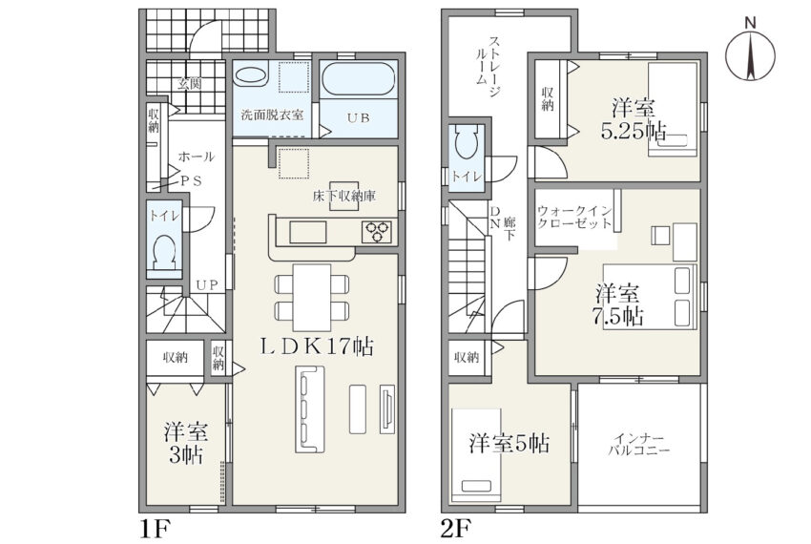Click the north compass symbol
(x=750, y=53)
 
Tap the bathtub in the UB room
(x=359, y=78)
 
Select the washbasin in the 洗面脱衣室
(x=250, y=76)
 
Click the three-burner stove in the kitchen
(x=377, y=231)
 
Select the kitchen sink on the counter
(x=308, y=231)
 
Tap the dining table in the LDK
(x=312, y=297)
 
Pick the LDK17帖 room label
(x=317, y=346)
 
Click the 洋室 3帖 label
(x=186, y=444)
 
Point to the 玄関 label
(x=190, y=83)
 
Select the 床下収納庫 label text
(x=344, y=197)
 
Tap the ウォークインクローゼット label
(x=575, y=218)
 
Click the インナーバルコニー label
(x=638, y=443)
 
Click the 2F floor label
(x=455, y=529)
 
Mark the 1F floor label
(x=154, y=529)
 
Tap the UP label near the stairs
(x=207, y=284)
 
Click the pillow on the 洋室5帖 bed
(x=477, y=487)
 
